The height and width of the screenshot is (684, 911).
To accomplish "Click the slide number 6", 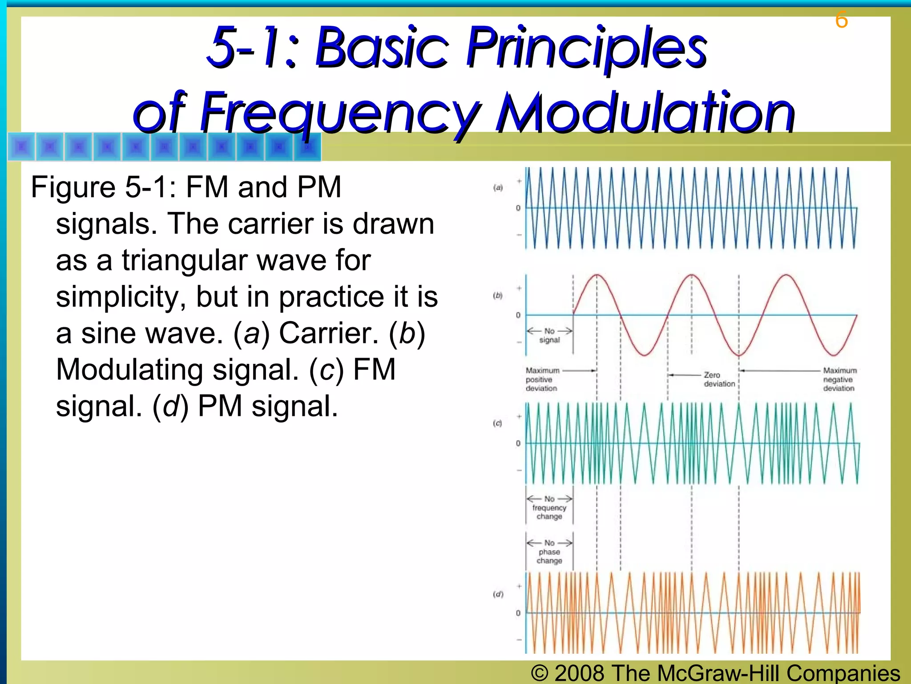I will (841, 20).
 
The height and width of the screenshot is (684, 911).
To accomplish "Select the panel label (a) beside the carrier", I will (498, 187).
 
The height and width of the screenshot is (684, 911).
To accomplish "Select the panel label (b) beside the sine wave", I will (498, 295).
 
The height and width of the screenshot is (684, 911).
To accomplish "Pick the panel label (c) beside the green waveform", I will (497, 423).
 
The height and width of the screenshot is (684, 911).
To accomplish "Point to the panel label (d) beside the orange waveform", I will (498, 594).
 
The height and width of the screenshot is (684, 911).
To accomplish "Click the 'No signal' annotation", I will (549, 335).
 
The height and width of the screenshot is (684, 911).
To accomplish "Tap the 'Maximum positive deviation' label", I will (542, 379).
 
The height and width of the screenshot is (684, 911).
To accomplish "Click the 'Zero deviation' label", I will (719, 379).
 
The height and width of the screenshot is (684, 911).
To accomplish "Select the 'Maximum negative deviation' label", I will (839, 379).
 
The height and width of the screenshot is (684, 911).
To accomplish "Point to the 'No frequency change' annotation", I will (549, 508).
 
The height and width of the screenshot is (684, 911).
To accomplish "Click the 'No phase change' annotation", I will (549, 552).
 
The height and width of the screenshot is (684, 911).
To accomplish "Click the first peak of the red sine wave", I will (597, 275).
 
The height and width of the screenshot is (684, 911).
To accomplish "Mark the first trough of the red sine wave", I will (644, 355).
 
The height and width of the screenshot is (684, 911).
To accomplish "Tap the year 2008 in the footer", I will (579, 673).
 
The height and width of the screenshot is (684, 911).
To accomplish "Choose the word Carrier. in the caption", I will (329, 333).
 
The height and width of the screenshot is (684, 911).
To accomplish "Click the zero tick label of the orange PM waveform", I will (518, 613).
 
